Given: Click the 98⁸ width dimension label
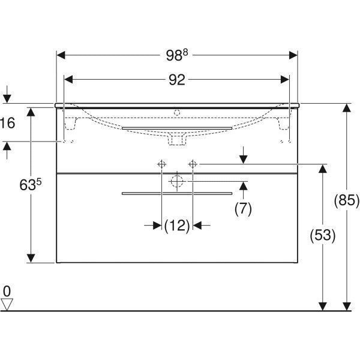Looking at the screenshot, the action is (177, 55).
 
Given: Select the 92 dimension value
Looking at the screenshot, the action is (177, 80).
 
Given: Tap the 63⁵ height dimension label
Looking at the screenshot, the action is (31, 185).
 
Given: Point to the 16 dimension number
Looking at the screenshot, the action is (8, 123).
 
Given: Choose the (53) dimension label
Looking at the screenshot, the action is (323, 235).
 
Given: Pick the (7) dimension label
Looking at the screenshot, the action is (243, 209).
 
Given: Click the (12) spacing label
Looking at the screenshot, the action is (177, 226).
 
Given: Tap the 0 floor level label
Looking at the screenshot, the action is (7, 291).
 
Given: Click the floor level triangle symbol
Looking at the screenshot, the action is (7, 304).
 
